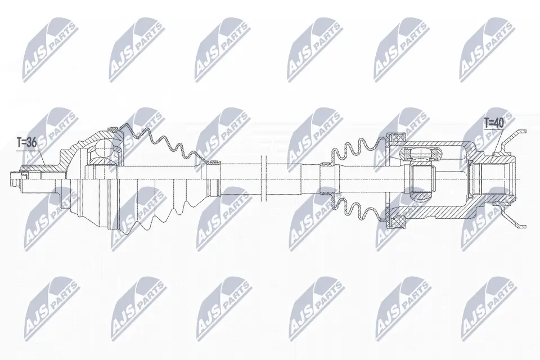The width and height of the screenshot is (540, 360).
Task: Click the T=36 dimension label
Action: click(26, 143)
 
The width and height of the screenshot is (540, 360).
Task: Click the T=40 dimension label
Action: click(494, 122)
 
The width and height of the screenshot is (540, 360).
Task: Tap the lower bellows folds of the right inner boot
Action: click(354, 208)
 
